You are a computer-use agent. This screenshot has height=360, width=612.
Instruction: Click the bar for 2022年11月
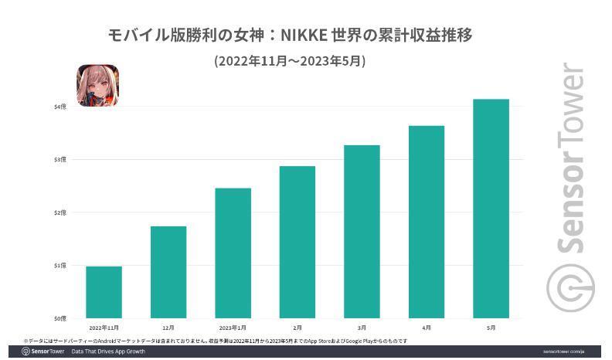tap(104, 292)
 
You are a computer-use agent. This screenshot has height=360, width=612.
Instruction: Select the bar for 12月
tap(168, 272)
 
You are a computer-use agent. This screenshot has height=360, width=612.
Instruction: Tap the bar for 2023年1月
tap(233, 253)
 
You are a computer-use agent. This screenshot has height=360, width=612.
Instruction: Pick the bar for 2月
tap(297, 242)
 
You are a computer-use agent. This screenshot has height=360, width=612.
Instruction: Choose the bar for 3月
tap(362, 232)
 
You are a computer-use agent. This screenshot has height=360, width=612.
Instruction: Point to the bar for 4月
tap(427, 222)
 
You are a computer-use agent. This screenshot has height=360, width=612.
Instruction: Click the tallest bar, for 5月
tap(491, 209)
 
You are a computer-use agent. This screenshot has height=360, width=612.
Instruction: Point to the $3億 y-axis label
tap(59, 159)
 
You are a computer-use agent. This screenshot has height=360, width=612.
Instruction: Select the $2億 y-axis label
tap(59, 212)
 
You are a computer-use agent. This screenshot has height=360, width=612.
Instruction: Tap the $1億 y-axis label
tap(59, 265)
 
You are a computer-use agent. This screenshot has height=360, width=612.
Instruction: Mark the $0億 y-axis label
tap(59, 318)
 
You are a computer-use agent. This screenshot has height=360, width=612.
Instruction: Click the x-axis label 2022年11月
tap(104, 328)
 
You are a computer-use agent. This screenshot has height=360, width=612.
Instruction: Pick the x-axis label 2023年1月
tap(233, 328)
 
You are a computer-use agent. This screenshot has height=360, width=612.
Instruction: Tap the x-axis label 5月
tap(491, 328)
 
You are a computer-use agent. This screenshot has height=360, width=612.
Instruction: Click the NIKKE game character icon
tap(97, 85)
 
